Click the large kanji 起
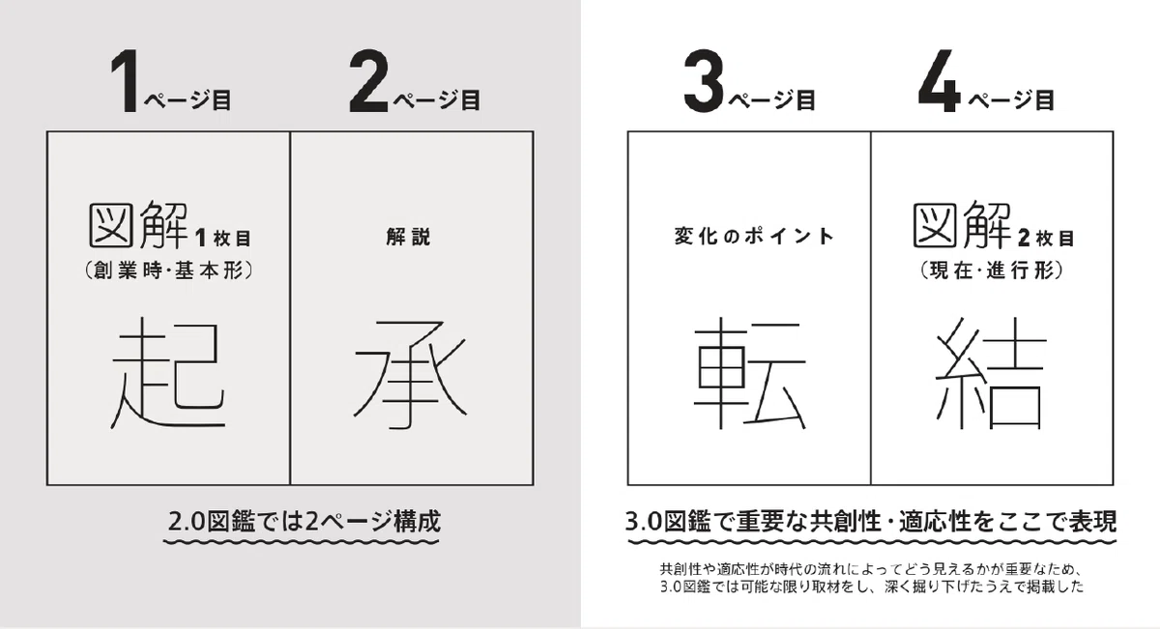click(x=168, y=373)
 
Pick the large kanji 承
click(x=410, y=375)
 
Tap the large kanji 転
click(x=750, y=373)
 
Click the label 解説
click(x=409, y=237)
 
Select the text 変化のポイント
click(x=753, y=237)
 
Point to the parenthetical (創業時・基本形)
click(x=169, y=271)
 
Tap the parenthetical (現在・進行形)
click(x=992, y=271)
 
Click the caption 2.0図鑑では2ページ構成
click(x=304, y=522)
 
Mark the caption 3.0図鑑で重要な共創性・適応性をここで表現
click(x=871, y=522)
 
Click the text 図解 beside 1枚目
click(x=139, y=226)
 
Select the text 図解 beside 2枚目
click(x=962, y=226)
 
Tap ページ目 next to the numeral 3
click(x=772, y=100)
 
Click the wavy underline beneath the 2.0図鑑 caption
click(x=302, y=542)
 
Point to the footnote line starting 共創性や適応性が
click(x=871, y=569)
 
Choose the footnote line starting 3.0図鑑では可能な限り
click(x=872, y=586)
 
